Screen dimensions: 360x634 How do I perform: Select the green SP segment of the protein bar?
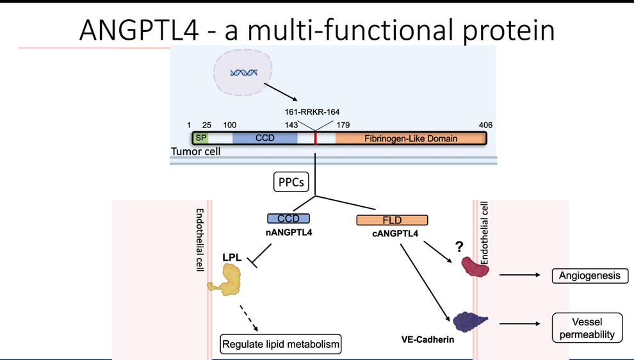coord(201,138)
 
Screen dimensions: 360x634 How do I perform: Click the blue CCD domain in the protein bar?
coord(264,138)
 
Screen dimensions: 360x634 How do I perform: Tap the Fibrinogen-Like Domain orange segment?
coord(410,138)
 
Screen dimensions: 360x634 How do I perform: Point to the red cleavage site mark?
coord(316,138)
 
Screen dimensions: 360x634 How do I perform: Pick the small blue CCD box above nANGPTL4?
coord(288,218)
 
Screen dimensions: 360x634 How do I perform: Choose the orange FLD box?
coord(392,220)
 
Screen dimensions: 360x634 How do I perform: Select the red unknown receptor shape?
coord(476,267)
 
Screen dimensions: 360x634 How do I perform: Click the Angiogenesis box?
coord(590,276)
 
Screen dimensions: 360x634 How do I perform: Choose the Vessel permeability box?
coord(587,327)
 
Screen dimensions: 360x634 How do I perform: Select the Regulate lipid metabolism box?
coord(280,345)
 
